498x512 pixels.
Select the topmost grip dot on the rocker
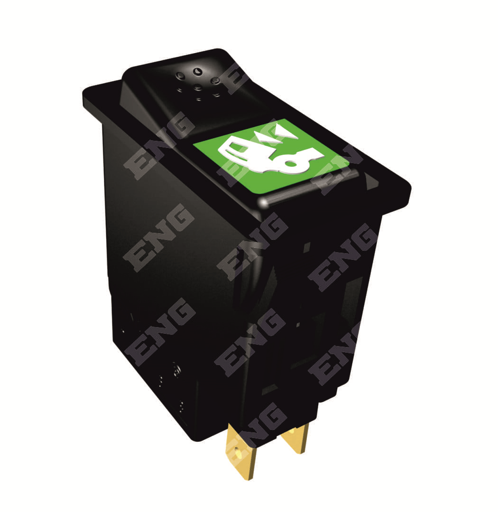tap(197, 71)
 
